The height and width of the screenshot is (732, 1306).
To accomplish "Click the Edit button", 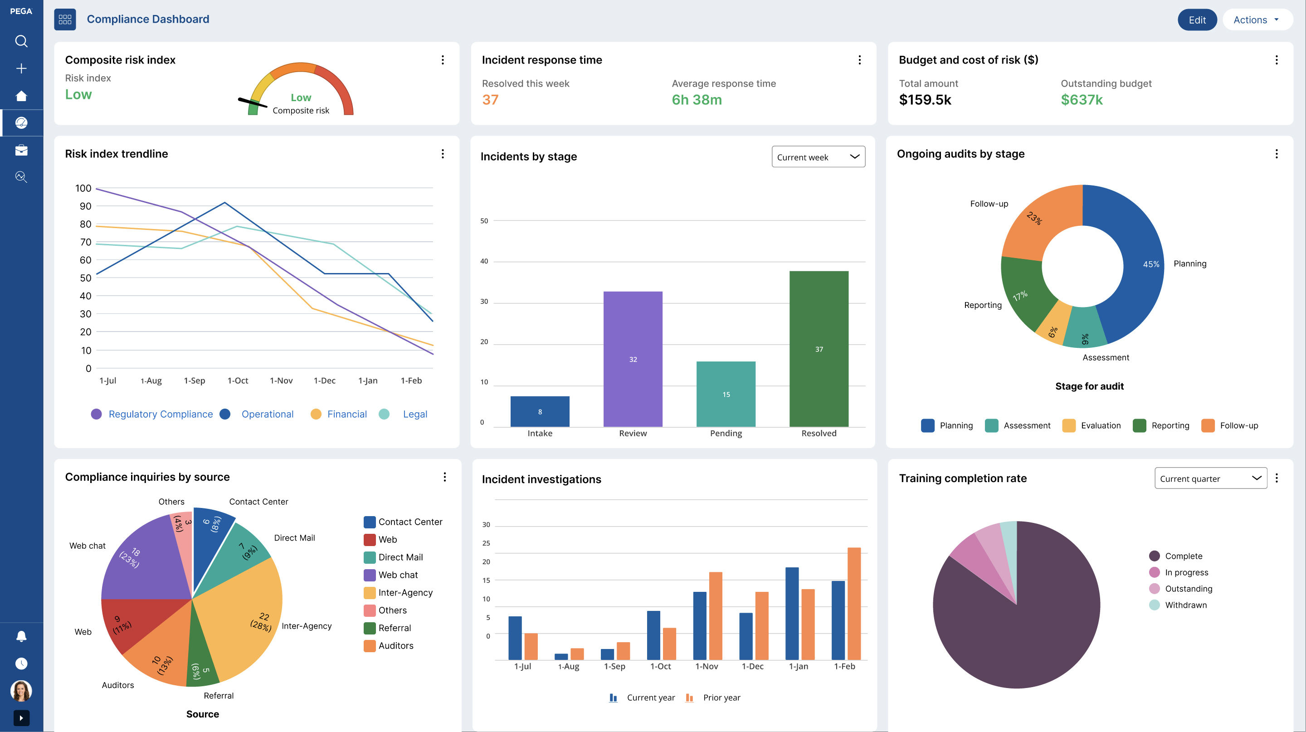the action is [1197, 20].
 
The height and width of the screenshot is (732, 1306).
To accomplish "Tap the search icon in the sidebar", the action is [21, 41].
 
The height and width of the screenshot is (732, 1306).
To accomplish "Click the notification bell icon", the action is [21, 636].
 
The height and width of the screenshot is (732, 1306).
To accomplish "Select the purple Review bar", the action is [633, 359].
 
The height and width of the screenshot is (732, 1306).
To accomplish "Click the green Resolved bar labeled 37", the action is [819, 349].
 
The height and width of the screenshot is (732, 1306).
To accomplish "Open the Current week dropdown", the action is [818, 157].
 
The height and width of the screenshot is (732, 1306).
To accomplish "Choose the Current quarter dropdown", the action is [1211, 478].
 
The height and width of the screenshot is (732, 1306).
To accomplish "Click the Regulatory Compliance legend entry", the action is [152, 414].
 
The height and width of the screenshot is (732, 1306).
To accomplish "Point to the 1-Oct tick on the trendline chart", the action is [238, 380].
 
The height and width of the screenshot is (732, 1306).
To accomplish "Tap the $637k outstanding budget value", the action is [1082, 100].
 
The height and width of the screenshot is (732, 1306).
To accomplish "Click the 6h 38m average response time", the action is [697, 100].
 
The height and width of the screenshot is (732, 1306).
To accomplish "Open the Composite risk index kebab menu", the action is [443, 60].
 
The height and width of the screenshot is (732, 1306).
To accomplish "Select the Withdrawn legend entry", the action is [1178, 605].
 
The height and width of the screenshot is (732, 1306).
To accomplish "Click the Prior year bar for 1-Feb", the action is [854, 604].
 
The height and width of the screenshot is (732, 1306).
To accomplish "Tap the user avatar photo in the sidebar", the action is [21, 690].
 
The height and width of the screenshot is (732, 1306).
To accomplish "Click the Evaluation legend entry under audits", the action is [1092, 425].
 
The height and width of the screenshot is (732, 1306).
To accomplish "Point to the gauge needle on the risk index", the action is [253, 103].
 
